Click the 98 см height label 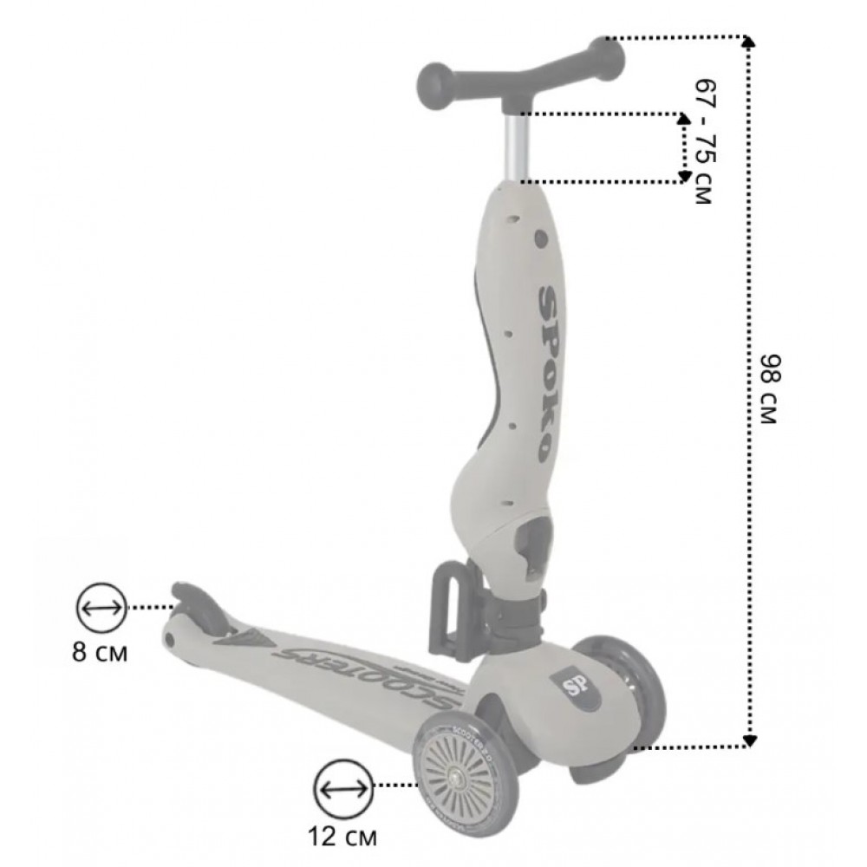[x=769, y=388]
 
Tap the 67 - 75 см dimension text [x=705, y=141]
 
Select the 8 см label [x=100, y=653]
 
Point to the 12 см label [x=342, y=837]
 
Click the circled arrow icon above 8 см [x=101, y=608]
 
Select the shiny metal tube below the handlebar [x=517, y=147]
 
